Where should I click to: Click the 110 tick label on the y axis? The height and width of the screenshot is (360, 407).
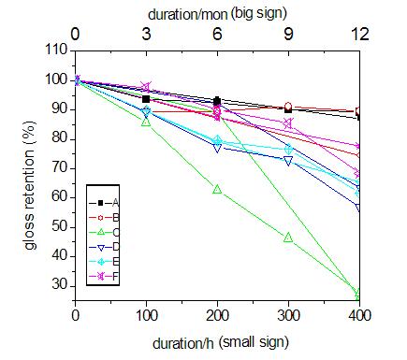(x=56, y=50)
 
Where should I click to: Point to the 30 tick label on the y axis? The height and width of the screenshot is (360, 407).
(x=60, y=285)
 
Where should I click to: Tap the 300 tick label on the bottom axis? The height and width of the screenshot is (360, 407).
(x=288, y=315)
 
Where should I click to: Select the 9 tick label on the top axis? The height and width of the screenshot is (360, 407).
(x=288, y=34)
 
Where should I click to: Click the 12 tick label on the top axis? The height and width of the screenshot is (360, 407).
(x=360, y=34)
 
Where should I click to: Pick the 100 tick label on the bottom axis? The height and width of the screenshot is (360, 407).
(x=146, y=315)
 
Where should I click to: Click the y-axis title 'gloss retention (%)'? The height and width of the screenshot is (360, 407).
(x=30, y=185)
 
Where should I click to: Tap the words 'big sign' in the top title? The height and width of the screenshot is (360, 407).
(x=259, y=14)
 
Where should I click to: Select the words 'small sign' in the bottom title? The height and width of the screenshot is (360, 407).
(x=254, y=342)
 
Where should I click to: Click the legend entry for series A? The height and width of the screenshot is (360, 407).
(x=104, y=203)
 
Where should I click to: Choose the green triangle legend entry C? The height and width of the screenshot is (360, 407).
(x=104, y=232)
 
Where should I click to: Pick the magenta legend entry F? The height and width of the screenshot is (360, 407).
(x=104, y=276)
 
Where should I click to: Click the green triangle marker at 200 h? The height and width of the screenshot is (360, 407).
(x=217, y=189)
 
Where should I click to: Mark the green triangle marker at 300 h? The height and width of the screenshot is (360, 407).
(x=288, y=238)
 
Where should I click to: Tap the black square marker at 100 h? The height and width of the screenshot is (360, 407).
(x=146, y=99)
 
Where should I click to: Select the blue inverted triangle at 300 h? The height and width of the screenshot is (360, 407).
(x=288, y=161)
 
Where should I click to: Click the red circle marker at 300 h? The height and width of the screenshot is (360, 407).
(x=288, y=107)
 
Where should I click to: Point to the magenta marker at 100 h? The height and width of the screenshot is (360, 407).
(x=146, y=86)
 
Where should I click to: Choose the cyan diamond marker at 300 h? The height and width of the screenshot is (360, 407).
(x=289, y=150)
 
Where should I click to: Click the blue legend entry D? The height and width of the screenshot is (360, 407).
(x=104, y=247)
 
